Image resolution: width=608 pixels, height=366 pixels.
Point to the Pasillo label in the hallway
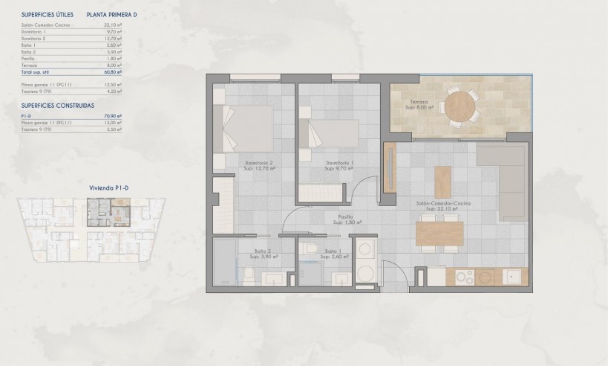pyautogui.click(x=347, y=218)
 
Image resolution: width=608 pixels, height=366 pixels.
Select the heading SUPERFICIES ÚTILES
pyautogui.click(x=48, y=14)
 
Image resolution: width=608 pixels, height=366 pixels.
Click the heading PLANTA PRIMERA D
pyautogui.click(x=112, y=14)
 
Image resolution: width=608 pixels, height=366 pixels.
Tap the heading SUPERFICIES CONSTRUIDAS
pyautogui.click(x=58, y=106)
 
